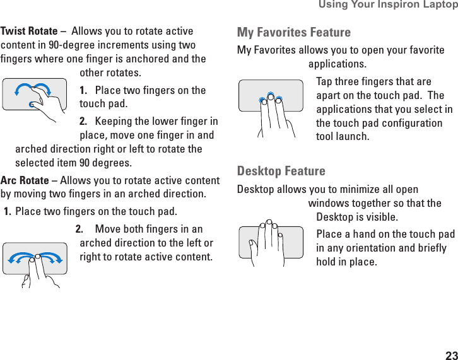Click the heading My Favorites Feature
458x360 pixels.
pos(293,32)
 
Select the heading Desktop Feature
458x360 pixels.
pos(281,171)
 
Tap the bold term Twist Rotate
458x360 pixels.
pos(29,31)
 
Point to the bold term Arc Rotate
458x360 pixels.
pos(25,180)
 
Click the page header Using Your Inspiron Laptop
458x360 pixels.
pos(387,5)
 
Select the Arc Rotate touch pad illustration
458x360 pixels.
pos(35,261)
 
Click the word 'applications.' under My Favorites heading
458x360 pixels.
pos(336,64)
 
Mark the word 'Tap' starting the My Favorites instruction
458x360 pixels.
pos(324,82)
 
